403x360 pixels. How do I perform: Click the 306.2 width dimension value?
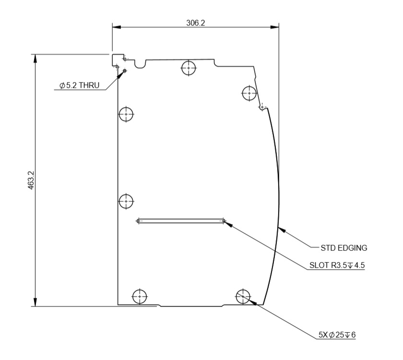195,23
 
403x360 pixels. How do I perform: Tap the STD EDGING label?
344,248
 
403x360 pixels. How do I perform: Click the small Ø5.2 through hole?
125,71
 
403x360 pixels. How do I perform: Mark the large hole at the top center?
189,68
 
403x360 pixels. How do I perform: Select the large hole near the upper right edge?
249,93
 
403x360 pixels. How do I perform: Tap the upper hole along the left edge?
126,114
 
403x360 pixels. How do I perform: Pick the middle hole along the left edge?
126,201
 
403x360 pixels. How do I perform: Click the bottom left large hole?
140,296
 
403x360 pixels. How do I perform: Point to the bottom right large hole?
243,296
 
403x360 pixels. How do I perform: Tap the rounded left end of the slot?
139,221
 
